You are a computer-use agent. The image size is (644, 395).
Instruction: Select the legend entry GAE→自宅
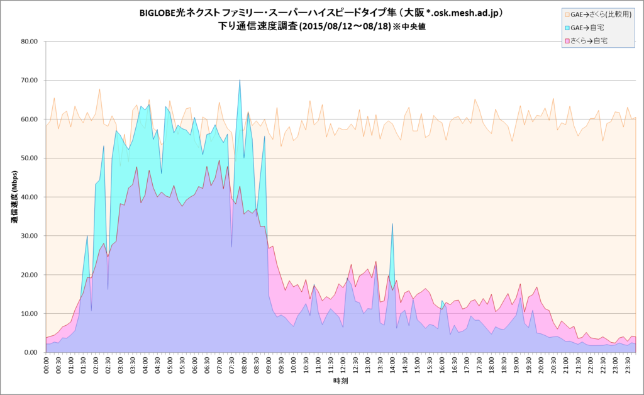click(x=589, y=28)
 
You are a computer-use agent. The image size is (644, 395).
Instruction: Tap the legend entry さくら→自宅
click(x=589, y=41)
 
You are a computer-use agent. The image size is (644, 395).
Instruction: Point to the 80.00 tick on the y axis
click(x=30, y=42)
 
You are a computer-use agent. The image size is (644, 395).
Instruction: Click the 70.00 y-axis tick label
click(x=30, y=81)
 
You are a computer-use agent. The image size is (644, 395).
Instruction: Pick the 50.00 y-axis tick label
click(x=30, y=158)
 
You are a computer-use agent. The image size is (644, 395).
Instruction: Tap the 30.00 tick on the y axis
click(x=30, y=236)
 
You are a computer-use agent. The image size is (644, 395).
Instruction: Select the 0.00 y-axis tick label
click(x=31, y=352)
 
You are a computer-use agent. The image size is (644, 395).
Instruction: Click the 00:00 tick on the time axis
click(x=46, y=365)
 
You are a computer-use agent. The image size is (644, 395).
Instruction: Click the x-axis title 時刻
click(x=340, y=381)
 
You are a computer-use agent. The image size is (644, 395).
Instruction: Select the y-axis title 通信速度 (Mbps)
click(x=13, y=197)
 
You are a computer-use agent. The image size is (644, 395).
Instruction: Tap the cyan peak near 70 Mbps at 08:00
click(x=240, y=80)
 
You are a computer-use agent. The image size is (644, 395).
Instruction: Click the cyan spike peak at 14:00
click(x=392, y=223)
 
